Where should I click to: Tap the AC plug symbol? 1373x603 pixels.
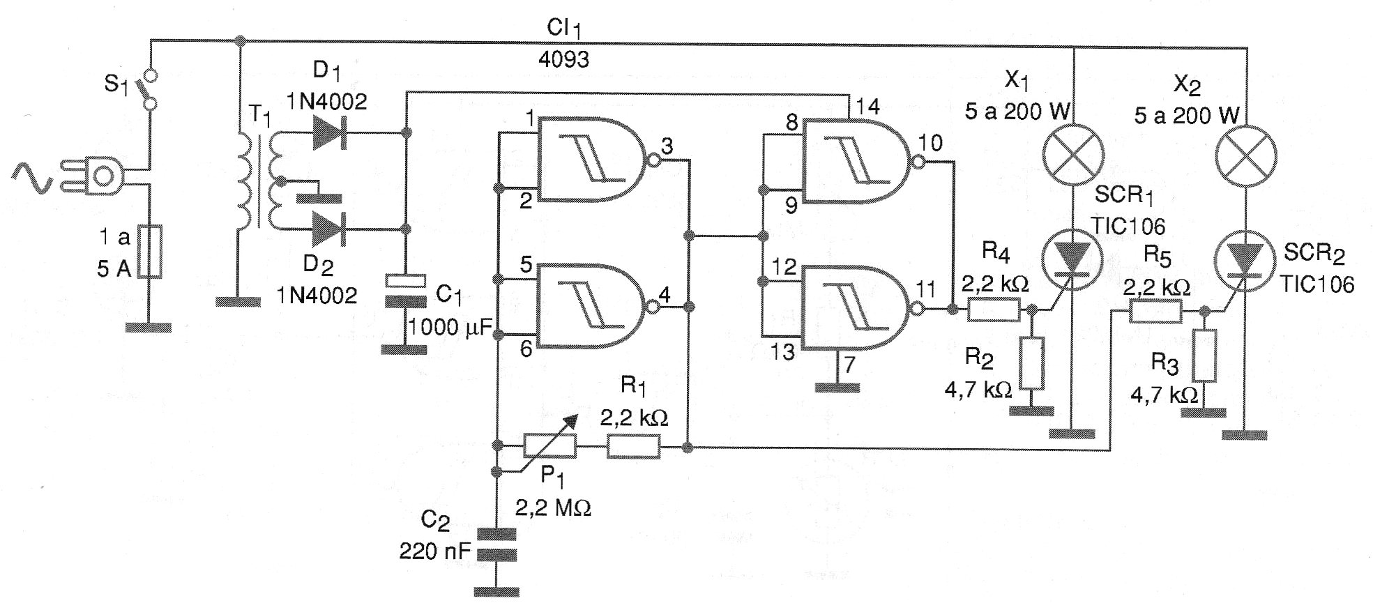98,176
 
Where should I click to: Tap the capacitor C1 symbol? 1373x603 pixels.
406,291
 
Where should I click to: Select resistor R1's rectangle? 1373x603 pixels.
633,446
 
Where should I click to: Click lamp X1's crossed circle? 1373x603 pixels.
1073,154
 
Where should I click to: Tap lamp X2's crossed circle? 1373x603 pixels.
1245,155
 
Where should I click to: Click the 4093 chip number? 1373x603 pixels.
563,59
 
